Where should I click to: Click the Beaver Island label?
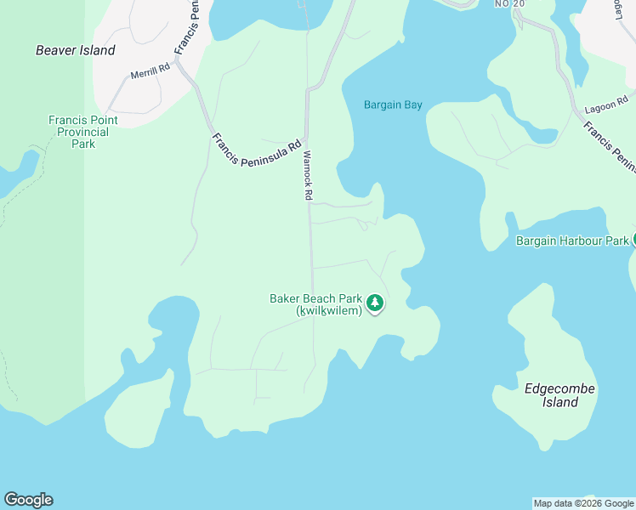click(x=75, y=50)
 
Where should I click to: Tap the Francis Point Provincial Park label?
click(x=83, y=132)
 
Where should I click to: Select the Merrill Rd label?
click(x=150, y=74)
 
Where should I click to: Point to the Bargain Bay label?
click(x=393, y=105)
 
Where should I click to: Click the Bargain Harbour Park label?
click(x=571, y=241)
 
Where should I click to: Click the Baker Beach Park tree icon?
click(x=375, y=303)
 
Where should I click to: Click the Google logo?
click(x=28, y=500)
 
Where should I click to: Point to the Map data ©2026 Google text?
click(x=584, y=503)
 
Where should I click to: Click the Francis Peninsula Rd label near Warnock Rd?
click(x=257, y=150)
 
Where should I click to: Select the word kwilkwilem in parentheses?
click(x=330, y=311)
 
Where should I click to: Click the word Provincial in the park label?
click(x=83, y=132)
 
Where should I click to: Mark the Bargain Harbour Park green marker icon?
click(x=633, y=240)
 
